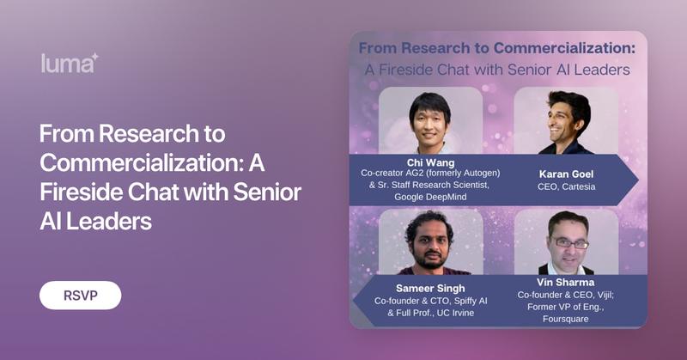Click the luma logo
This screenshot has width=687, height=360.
[x=70, y=62]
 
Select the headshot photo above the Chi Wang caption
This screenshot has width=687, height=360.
[x=430, y=121]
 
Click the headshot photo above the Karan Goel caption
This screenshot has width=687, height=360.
[x=567, y=121]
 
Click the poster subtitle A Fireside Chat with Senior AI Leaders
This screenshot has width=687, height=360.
[x=497, y=69]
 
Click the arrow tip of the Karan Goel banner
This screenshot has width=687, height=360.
[x=637, y=179]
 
